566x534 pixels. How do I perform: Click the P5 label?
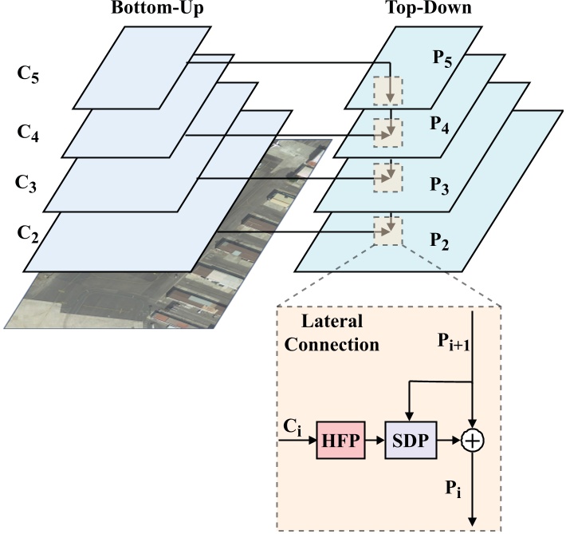pyautogui.click(x=444, y=63)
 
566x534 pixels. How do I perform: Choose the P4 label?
pyautogui.click(x=438, y=126)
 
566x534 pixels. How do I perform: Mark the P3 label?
pyautogui.click(x=439, y=187)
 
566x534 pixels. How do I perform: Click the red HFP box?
pyautogui.click(x=341, y=439)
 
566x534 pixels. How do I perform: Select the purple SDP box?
pyautogui.click(x=410, y=439)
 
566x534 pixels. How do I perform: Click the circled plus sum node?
pyautogui.click(x=474, y=440)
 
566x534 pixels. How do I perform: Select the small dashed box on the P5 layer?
pyautogui.click(x=389, y=89)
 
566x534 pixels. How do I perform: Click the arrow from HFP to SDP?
pyautogui.click(x=375, y=440)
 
